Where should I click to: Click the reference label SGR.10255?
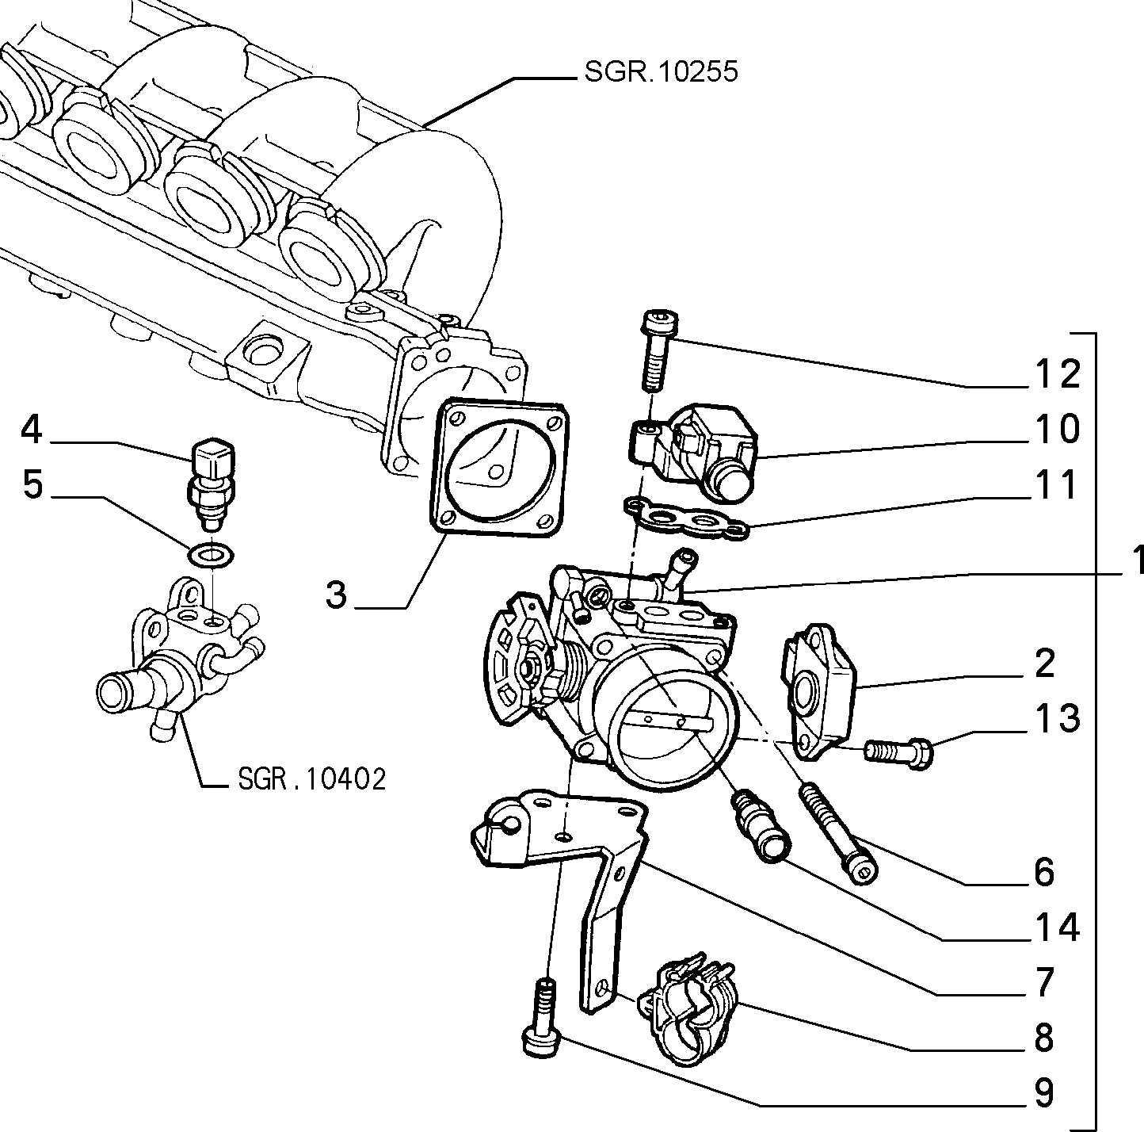click(x=661, y=72)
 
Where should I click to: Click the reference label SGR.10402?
click(x=311, y=778)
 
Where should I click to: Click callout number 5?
click(x=33, y=484)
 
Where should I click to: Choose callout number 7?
click(x=1043, y=982)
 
